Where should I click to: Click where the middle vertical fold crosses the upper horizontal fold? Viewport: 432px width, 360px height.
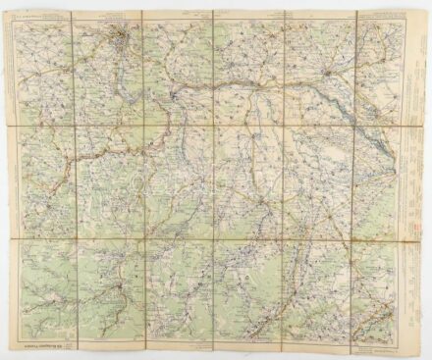213,125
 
